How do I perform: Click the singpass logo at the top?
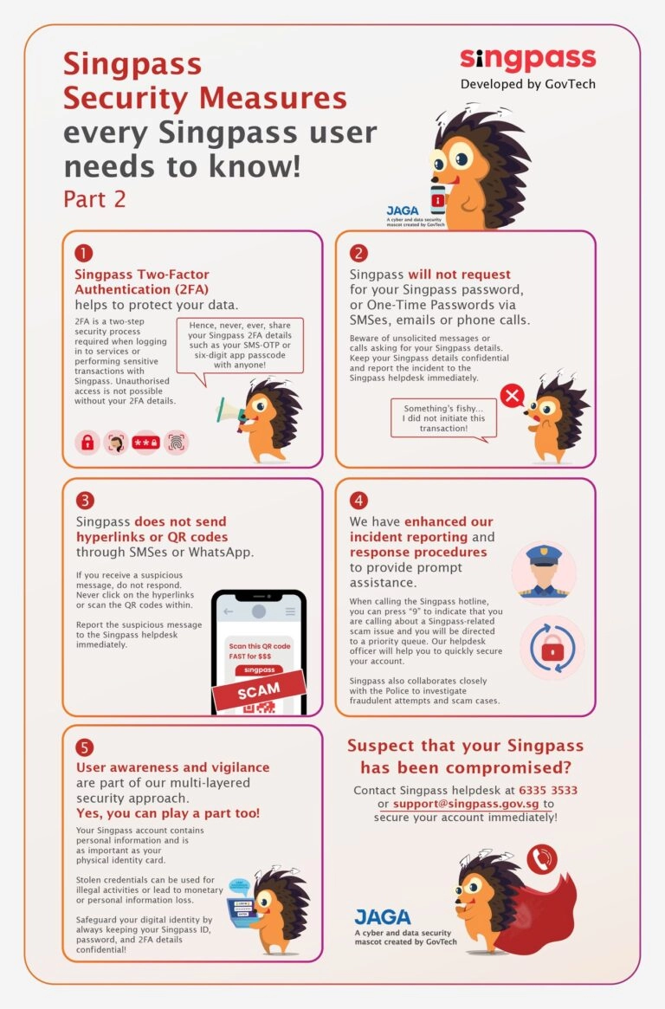click(527, 60)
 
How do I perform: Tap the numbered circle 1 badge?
click(84, 253)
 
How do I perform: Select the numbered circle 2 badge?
click(358, 253)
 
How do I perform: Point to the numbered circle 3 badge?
click(84, 500)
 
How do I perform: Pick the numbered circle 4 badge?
click(358, 500)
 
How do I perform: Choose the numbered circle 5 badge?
click(84, 747)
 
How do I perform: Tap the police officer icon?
click(543, 572)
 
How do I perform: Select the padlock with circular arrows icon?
click(552, 647)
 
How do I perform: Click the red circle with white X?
click(513, 397)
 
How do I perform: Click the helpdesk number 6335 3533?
click(548, 790)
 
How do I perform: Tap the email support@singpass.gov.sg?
click(466, 804)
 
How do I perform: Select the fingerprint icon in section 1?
click(177, 443)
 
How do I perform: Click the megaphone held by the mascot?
click(224, 410)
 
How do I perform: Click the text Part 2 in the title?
click(94, 198)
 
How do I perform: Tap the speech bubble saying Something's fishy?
click(443, 418)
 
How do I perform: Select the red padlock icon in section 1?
click(87, 443)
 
